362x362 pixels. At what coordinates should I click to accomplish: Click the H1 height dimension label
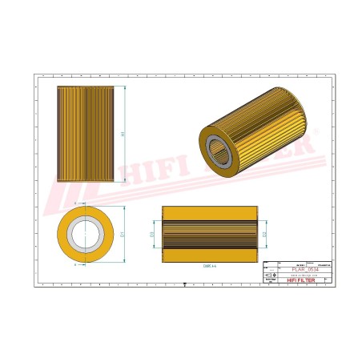click(123, 135)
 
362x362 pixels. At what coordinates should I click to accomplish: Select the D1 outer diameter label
click(123, 235)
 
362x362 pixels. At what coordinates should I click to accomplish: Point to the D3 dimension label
click(152, 235)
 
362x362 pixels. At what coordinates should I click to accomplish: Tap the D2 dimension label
click(265, 235)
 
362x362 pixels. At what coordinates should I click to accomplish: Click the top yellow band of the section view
click(210, 212)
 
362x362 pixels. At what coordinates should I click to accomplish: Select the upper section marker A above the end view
click(75, 205)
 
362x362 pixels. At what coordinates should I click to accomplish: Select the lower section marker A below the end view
click(75, 263)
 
